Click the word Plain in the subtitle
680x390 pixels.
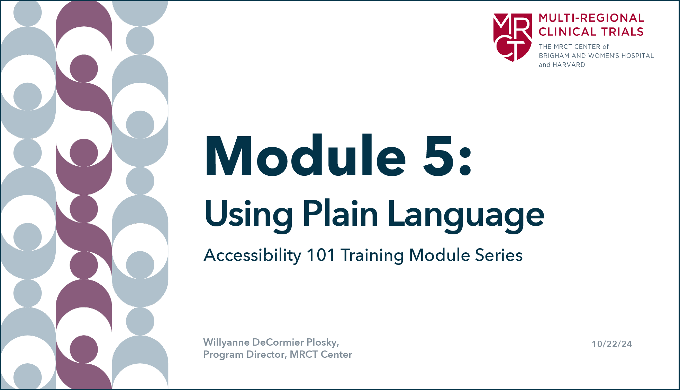pyautogui.click(x=341, y=213)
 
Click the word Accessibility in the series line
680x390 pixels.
pyautogui.click(x=253, y=255)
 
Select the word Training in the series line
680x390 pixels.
pyautogui.click(x=372, y=256)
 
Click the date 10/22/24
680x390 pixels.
pyautogui.click(x=612, y=344)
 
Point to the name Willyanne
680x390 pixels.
pyautogui.click(x=226, y=343)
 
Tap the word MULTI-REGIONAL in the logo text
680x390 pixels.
pyautogui.click(x=591, y=18)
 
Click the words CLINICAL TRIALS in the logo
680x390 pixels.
pyautogui.click(x=591, y=32)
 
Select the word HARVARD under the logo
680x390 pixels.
pyautogui.click(x=569, y=65)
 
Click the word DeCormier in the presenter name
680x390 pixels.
pyautogui.click(x=278, y=342)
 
